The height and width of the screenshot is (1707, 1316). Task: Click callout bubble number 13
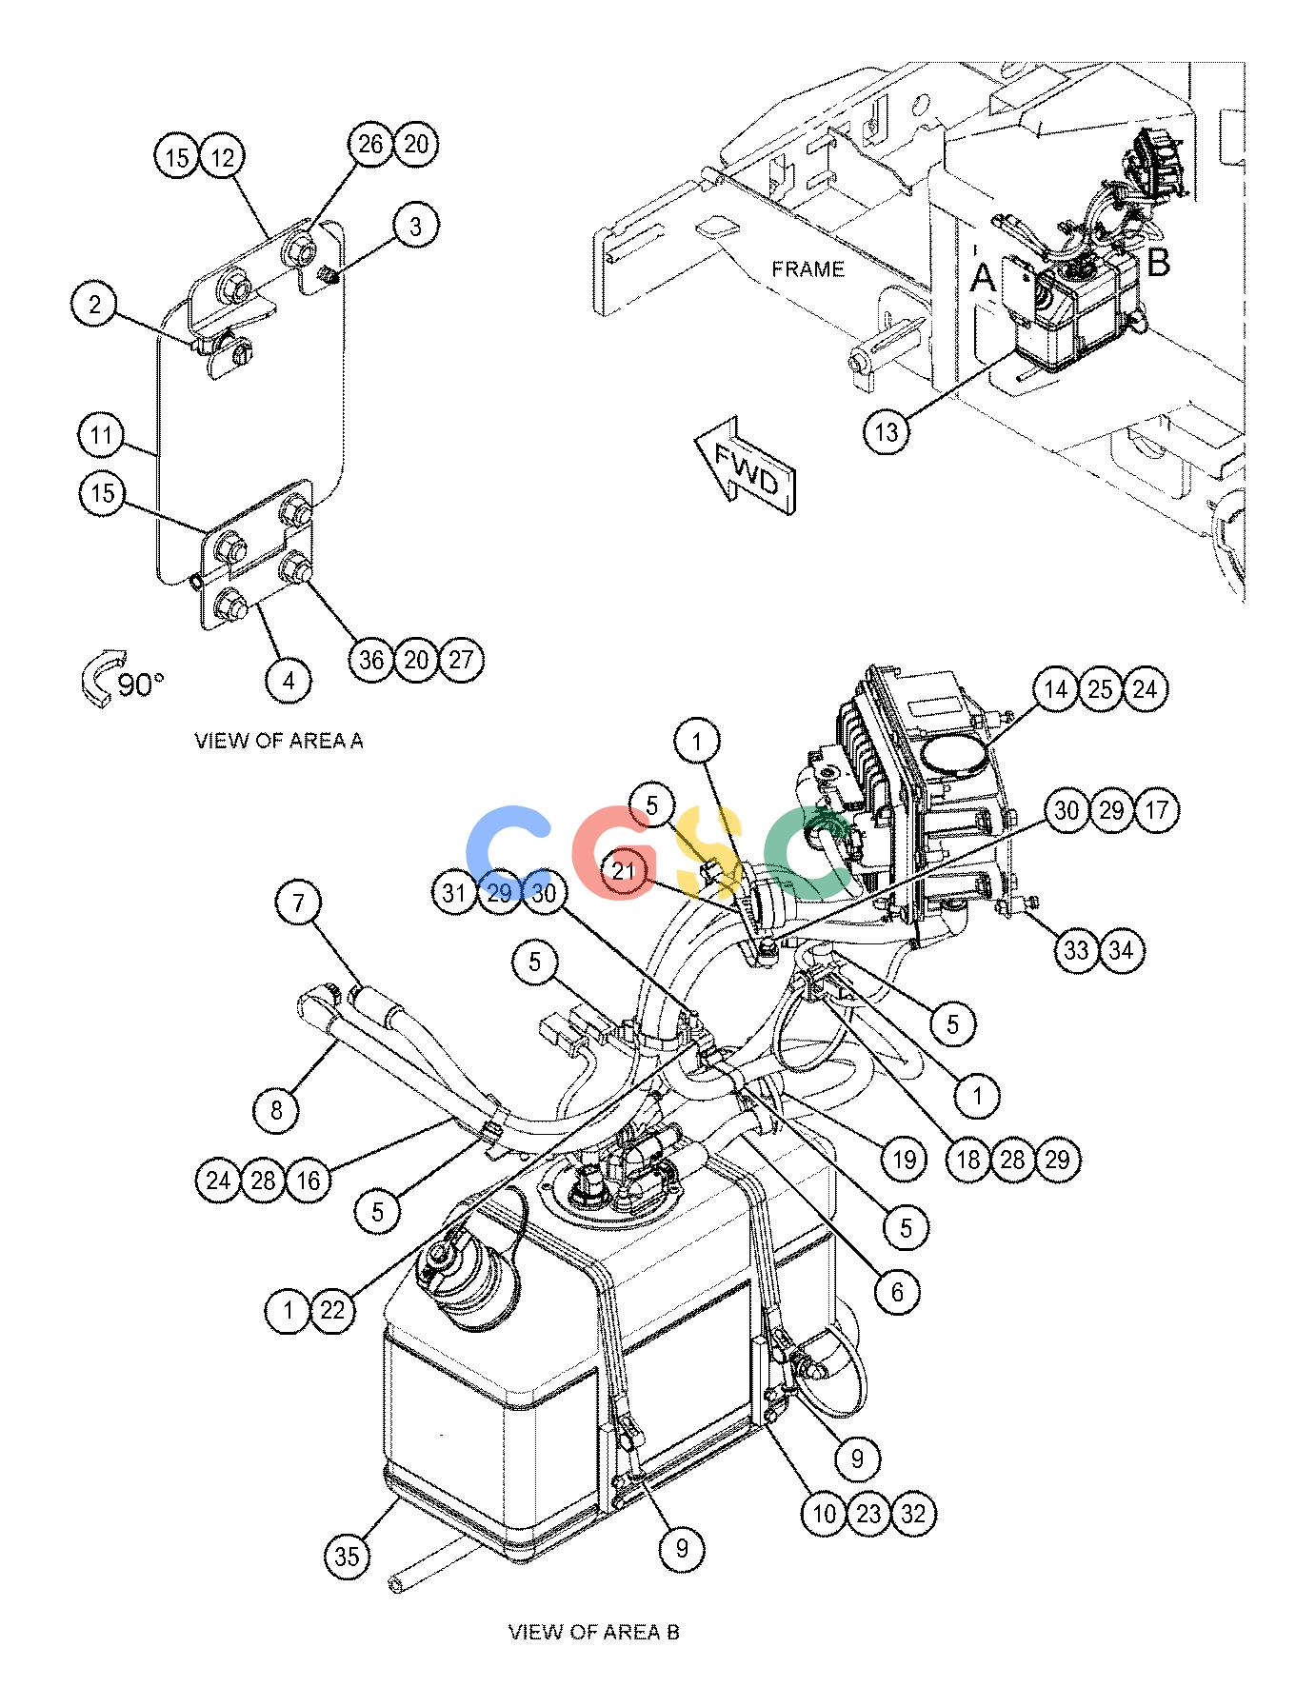[887, 432]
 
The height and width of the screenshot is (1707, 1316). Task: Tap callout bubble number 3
[415, 227]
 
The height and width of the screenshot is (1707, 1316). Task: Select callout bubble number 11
[102, 437]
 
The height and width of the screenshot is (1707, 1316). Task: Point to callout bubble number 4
[289, 680]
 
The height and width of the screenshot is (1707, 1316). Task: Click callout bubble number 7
[299, 903]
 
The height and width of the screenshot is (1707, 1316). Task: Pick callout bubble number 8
[276, 1109]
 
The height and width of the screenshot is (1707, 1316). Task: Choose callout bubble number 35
[348, 1556]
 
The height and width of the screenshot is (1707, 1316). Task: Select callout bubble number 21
[624, 870]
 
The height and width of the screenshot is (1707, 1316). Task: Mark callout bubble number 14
[1055, 689]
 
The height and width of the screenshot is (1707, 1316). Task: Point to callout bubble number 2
[95, 306]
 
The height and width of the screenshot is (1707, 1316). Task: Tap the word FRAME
[808, 269]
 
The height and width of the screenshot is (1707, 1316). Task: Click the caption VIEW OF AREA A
[279, 740]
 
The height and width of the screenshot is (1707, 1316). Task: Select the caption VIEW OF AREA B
[594, 1632]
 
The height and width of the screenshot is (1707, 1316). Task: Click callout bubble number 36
[371, 660]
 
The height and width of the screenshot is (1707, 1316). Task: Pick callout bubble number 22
[331, 1311]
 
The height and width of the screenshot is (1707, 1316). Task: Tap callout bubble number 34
[1122, 950]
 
